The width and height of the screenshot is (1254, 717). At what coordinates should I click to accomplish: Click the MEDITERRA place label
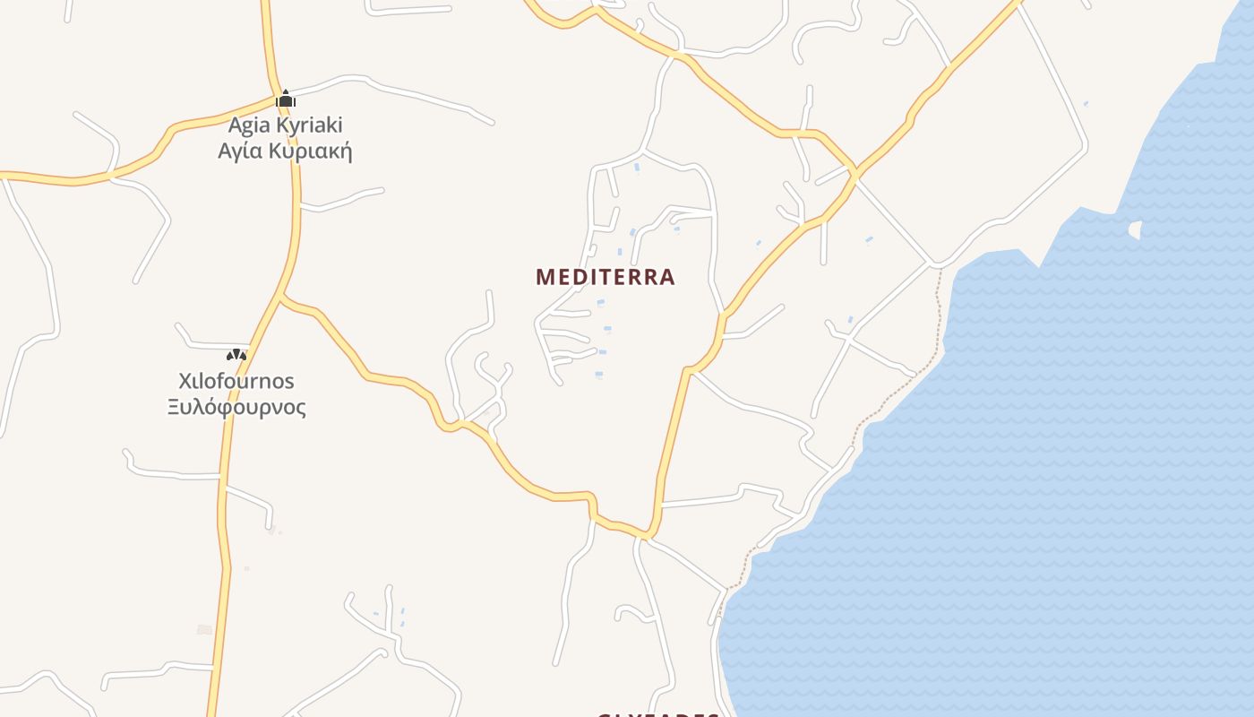(605, 277)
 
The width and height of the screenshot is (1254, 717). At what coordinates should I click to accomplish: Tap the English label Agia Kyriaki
(285, 125)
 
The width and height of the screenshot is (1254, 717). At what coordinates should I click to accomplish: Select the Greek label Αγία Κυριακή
(285, 151)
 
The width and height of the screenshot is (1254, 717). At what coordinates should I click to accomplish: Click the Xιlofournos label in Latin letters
(236, 381)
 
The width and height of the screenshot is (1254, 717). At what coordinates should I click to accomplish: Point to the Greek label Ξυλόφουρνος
(236, 408)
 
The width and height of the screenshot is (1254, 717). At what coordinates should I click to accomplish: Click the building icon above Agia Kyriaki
(286, 99)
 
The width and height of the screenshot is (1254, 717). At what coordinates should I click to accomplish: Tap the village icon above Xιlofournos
(236, 355)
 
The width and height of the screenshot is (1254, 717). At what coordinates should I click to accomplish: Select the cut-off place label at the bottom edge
(658, 714)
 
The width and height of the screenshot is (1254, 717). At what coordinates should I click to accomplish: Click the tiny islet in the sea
(1135, 230)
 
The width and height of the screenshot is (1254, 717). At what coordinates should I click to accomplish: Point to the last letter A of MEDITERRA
(666, 277)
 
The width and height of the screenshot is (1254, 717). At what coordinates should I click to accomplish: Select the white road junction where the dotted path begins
(937, 265)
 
